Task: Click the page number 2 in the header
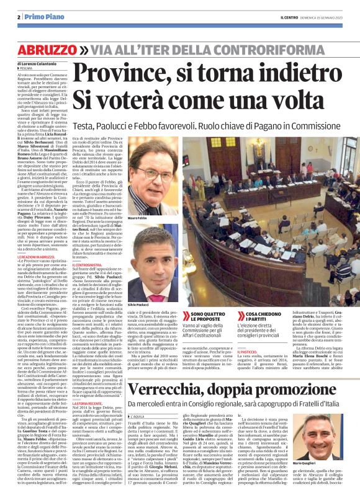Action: [20, 17]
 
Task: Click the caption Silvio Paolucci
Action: [137, 306]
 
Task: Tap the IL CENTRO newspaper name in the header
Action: [290, 16]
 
